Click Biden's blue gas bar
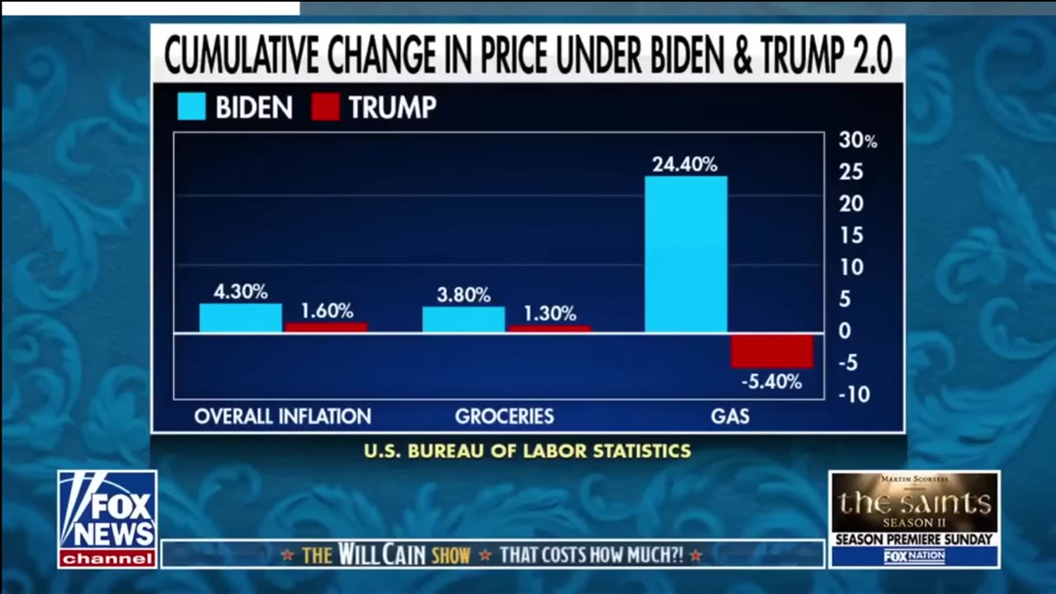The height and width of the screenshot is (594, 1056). [x=686, y=254]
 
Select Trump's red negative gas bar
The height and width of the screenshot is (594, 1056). [x=772, y=351]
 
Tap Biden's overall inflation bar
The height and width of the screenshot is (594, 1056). [x=240, y=318]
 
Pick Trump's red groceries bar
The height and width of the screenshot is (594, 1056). [x=549, y=328]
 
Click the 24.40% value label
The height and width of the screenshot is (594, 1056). [x=685, y=164]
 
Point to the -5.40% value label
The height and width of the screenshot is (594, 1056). [x=771, y=382]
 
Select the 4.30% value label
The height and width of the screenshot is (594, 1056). [x=240, y=291]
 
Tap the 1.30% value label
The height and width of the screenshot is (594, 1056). [x=549, y=313]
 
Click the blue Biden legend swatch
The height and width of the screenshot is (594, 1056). [x=191, y=107]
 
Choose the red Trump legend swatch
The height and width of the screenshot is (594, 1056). [x=325, y=107]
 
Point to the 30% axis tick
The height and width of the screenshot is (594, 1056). [x=858, y=140]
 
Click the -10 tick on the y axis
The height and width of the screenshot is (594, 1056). [x=854, y=395]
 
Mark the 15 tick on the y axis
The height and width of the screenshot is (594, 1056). [x=851, y=236]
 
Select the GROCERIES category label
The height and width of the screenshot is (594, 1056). [x=504, y=416]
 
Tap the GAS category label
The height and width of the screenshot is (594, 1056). [x=730, y=416]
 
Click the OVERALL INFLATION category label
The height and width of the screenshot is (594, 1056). [x=283, y=416]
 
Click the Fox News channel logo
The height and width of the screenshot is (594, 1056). [x=107, y=519]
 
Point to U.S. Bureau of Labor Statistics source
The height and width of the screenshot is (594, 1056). [x=528, y=451]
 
